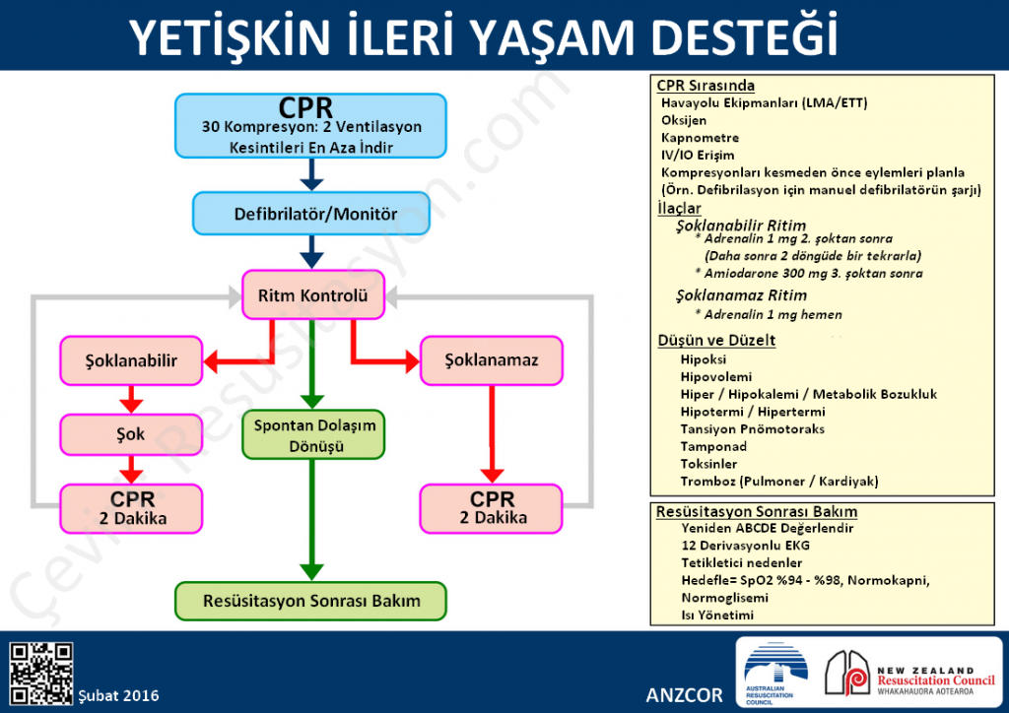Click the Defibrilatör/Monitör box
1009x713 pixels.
click(311, 214)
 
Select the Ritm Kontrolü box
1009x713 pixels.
click(312, 295)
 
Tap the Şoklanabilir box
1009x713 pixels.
click(132, 360)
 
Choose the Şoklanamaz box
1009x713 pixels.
click(493, 360)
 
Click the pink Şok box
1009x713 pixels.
click(132, 434)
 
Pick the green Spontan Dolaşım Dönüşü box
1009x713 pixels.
click(312, 435)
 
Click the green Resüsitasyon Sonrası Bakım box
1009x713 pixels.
click(311, 600)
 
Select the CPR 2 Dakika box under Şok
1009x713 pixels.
click(132, 508)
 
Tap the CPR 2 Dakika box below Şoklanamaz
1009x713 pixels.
click(493, 508)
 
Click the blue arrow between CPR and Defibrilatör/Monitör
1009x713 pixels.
click(311, 174)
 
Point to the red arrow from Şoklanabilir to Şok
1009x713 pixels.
click(132, 399)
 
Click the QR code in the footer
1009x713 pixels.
click(40, 674)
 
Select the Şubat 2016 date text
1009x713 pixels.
click(118, 695)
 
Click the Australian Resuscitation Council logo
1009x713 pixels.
click(775, 673)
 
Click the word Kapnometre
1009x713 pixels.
click(700, 138)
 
